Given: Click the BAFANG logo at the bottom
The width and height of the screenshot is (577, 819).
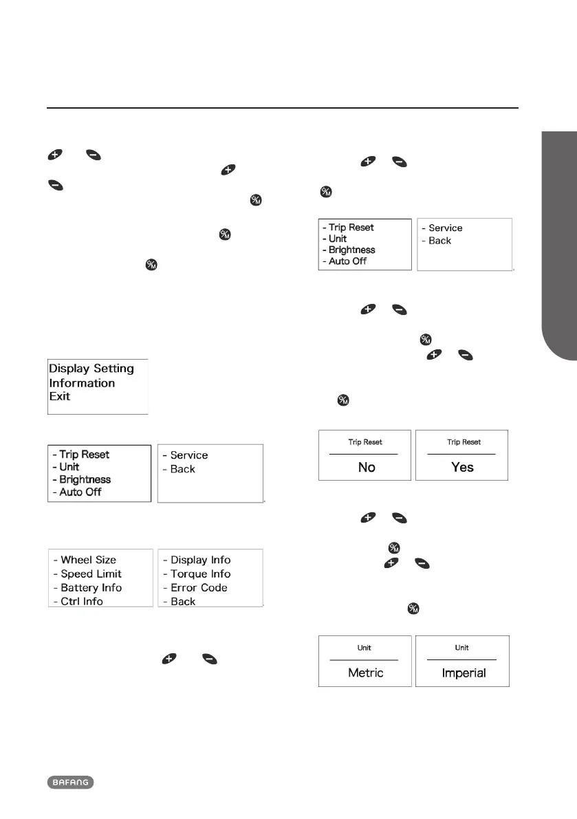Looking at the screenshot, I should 70,782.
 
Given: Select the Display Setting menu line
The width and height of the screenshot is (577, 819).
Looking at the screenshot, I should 91,369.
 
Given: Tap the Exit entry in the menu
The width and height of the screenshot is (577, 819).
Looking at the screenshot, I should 60,397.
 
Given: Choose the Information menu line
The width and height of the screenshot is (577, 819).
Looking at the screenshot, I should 82,383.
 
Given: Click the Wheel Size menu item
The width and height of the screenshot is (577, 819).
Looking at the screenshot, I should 88,560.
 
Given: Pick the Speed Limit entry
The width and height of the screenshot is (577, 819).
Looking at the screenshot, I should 91,574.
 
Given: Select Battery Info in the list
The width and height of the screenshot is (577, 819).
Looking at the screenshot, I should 91,587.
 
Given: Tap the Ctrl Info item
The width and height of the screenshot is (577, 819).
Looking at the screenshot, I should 81,601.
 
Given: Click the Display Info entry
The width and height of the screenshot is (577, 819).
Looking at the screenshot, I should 200,560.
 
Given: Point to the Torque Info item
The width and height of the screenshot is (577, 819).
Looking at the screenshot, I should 200,574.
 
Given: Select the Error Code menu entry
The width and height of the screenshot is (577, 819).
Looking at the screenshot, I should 199,587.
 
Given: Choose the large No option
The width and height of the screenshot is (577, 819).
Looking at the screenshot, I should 367,467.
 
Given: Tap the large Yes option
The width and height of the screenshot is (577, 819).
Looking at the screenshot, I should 462,467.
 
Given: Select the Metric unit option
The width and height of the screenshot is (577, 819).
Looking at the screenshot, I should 366,673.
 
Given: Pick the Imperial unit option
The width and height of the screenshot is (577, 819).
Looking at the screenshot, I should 464,673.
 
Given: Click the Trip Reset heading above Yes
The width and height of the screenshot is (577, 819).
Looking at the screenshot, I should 462,441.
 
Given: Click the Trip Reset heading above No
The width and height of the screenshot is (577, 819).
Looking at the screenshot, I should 364,441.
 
